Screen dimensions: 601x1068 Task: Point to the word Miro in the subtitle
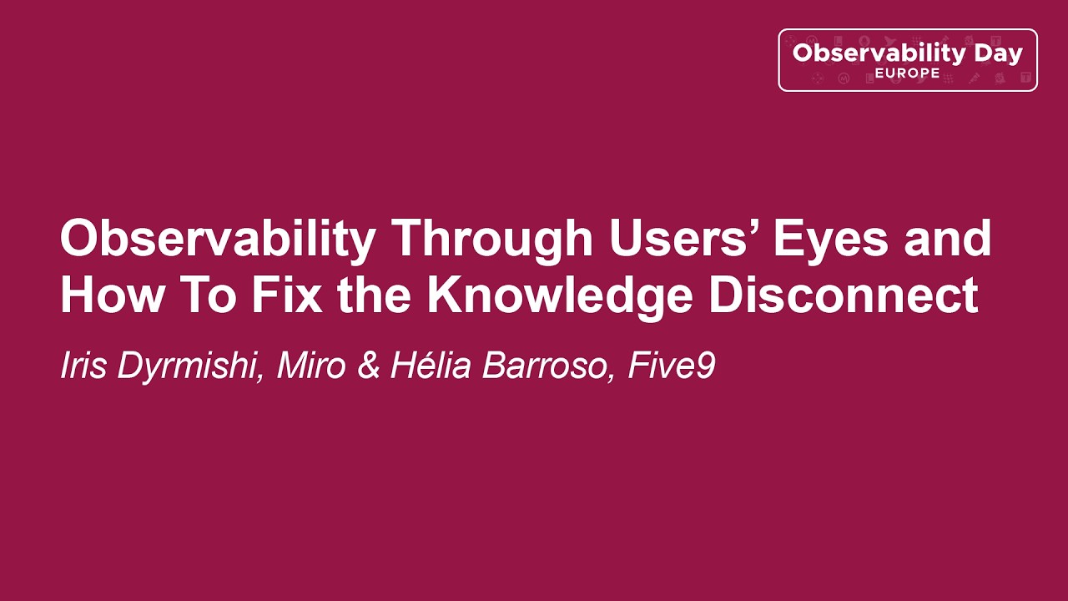(x=311, y=366)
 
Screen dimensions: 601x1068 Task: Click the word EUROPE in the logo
(x=907, y=73)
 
